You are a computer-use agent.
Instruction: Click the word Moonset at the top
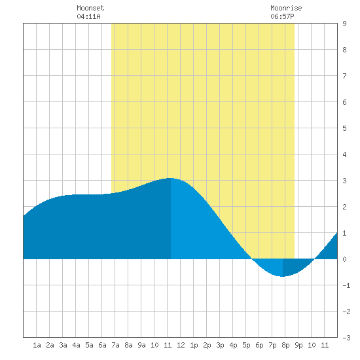(x=90, y=8)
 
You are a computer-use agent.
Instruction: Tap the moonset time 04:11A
(x=88, y=16)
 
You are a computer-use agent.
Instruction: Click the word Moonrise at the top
(x=286, y=8)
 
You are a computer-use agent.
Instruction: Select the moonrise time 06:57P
(x=282, y=16)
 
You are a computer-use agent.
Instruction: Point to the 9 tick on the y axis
(x=344, y=24)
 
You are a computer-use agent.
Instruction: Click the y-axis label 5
(x=344, y=128)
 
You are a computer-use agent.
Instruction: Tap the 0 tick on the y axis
(x=344, y=259)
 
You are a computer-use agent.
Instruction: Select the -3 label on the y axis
(x=346, y=338)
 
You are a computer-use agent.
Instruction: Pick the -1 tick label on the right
(x=346, y=285)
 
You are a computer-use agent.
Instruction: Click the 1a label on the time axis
(x=37, y=345)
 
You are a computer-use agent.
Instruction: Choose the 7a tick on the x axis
(x=115, y=345)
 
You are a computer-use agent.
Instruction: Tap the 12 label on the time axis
(x=181, y=345)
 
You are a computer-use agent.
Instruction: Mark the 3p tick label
(x=220, y=345)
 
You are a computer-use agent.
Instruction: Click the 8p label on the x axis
(x=285, y=345)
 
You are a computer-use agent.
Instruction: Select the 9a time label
(x=141, y=345)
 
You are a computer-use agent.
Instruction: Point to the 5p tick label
(x=246, y=345)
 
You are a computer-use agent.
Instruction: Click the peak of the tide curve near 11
(x=170, y=178)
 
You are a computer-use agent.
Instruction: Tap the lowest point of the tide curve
(x=282, y=276)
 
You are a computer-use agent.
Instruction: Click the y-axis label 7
(x=344, y=76)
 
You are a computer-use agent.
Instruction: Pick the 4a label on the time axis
(x=76, y=345)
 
